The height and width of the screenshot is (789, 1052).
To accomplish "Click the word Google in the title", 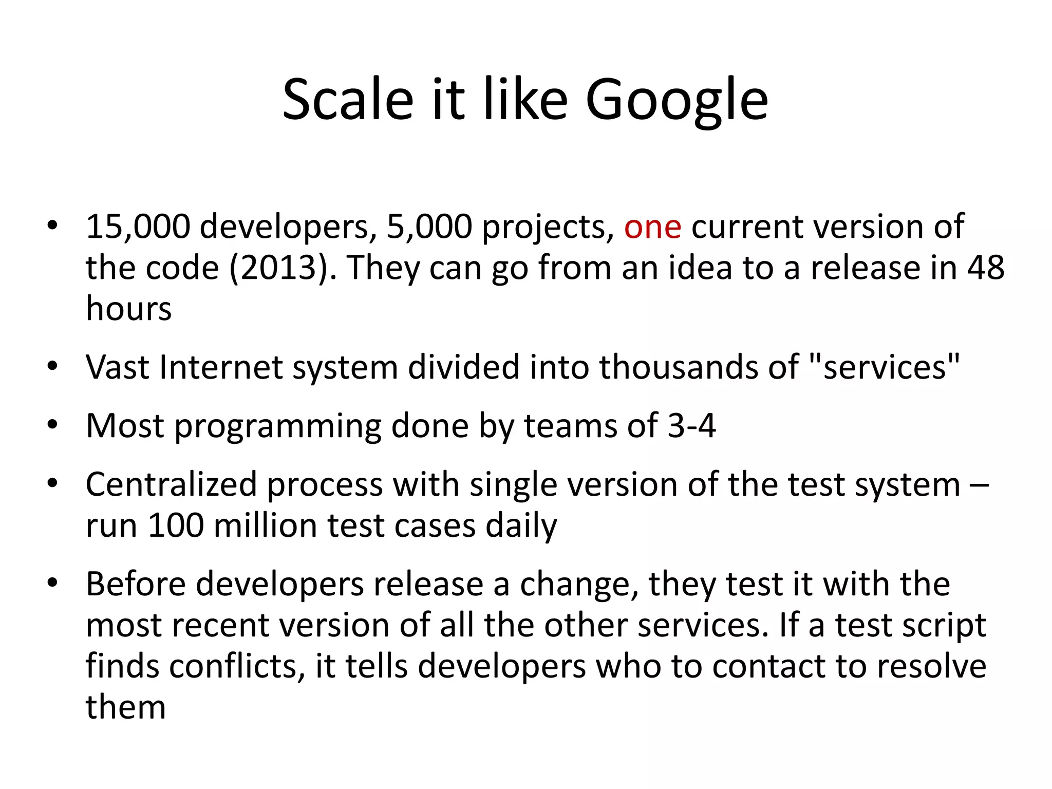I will [677, 100].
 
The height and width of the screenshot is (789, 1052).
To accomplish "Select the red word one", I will [652, 227].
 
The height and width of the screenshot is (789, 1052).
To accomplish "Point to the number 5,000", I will [429, 227].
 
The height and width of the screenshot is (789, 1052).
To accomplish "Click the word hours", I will [128, 309].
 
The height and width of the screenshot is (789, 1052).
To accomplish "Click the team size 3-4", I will [691, 426].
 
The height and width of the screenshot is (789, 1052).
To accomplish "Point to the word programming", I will [278, 427].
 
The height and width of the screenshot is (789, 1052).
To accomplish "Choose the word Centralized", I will [171, 484].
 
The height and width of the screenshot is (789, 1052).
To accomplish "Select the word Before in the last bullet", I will [136, 584].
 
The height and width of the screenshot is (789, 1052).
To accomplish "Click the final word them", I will [126, 707].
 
